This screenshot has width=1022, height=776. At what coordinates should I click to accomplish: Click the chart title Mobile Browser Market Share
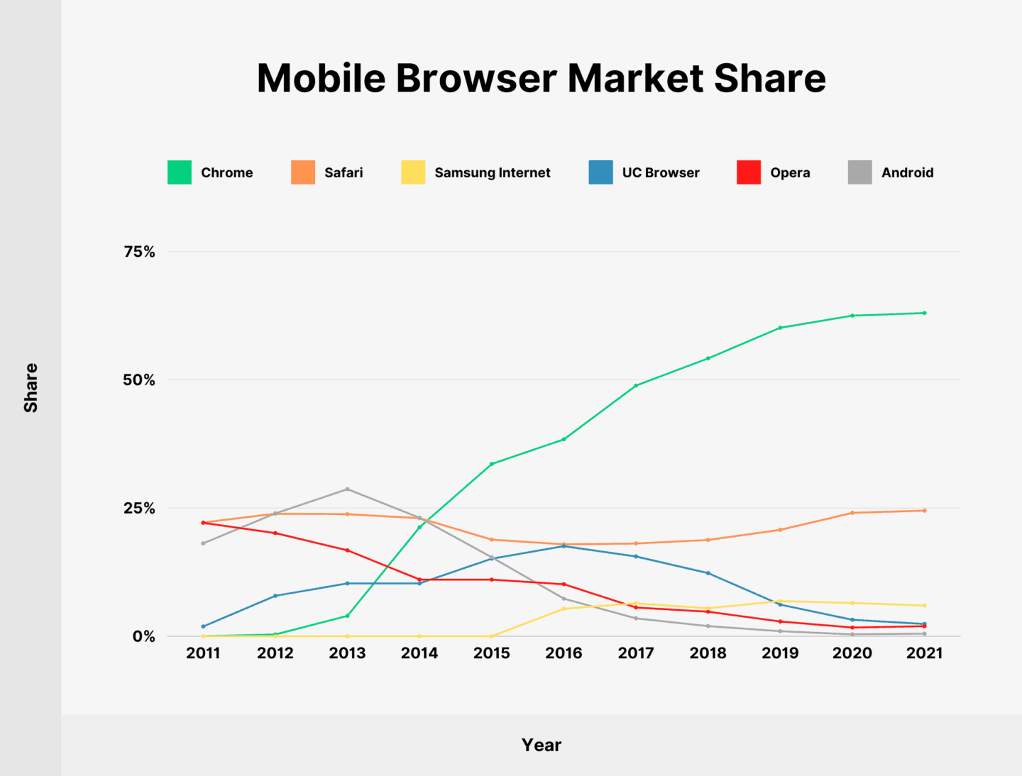pos(541,78)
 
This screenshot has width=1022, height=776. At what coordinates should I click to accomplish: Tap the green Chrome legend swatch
pos(180,172)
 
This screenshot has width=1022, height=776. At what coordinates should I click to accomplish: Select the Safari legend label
pos(344,172)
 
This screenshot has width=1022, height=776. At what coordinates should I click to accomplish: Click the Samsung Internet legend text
pos(492,172)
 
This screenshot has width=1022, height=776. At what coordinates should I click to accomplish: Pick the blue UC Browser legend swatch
pos(600,172)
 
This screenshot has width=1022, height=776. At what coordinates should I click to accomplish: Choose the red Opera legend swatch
pos(749,172)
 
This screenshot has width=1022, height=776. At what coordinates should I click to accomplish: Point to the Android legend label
pos(907,172)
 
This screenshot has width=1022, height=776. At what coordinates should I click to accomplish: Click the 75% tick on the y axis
pos(139,252)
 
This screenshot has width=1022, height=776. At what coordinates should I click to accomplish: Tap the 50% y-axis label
pos(139,380)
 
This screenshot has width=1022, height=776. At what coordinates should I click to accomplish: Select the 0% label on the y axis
pos(143,636)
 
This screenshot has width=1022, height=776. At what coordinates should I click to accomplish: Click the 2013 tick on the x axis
pos(347,653)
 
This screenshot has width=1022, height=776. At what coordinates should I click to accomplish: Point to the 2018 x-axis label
pos(708,653)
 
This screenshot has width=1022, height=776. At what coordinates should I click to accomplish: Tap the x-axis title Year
pos(541,745)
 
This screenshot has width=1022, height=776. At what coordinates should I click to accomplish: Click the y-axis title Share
pos(31,387)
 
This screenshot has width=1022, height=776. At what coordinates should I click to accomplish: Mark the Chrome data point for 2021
pos(924,313)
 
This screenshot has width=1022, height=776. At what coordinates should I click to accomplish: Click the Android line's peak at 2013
pos(347,489)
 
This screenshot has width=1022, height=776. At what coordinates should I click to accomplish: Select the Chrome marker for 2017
pos(636,385)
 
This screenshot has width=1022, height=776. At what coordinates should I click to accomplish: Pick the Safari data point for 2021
pos(924,511)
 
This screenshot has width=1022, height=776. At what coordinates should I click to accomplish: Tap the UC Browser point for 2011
pos(203,626)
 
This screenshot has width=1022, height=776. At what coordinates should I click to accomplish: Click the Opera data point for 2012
pos(275,533)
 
